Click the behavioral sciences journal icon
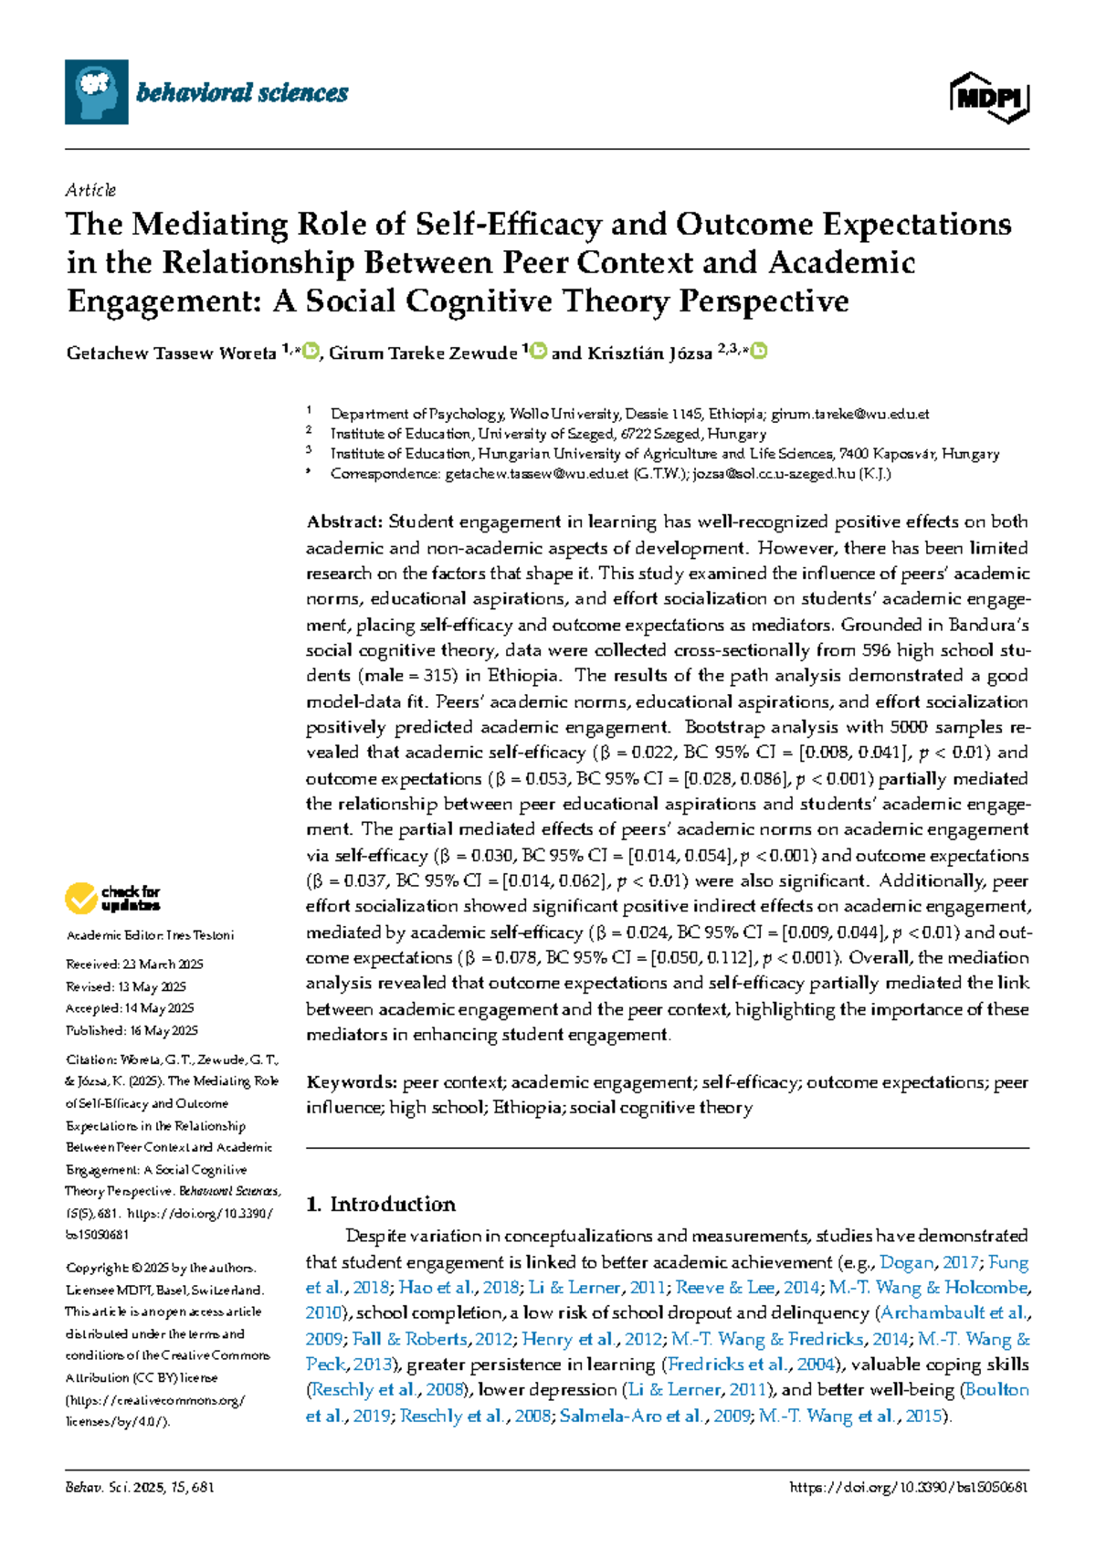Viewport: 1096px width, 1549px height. pos(96,92)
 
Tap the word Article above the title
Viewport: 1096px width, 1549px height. pos(90,190)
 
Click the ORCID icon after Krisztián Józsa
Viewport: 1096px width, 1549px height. pos(758,352)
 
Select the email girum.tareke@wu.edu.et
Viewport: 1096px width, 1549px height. pos(849,414)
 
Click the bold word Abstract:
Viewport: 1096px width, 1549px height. pos(344,522)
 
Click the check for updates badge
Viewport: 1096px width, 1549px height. pos(112,898)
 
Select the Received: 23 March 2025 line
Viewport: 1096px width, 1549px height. pos(134,964)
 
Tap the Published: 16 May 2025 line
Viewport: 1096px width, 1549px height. pos(132,1030)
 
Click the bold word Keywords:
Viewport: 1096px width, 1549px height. pos(352,1082)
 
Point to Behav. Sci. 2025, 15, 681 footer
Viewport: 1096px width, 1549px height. pos(140,1487)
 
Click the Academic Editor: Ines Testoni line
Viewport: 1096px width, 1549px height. pos(150,935)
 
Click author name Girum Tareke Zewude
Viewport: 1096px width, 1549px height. pos(423,353)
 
